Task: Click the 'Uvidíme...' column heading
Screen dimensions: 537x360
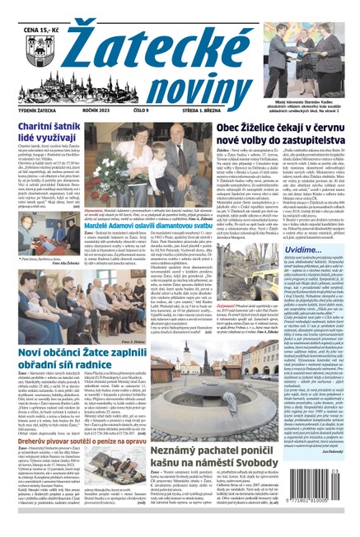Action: (302, 250)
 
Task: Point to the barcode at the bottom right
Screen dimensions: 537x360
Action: (326, 510)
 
